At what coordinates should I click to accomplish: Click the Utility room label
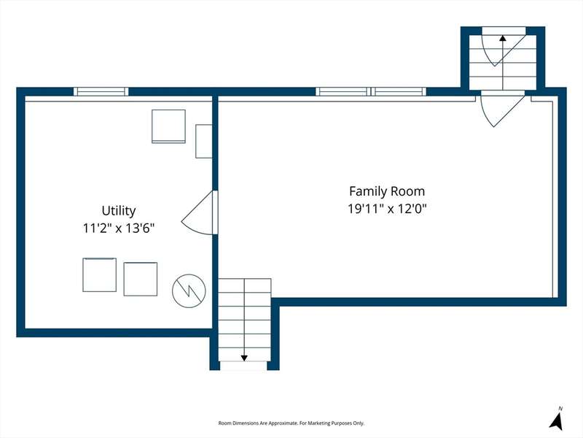tap(119, 211)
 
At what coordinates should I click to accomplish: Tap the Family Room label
tap(387, 191)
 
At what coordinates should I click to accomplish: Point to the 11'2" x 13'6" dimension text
tap(119, 228)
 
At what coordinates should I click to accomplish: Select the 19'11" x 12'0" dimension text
tap(387, 209)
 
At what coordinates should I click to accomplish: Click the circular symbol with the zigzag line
tap(189, 291)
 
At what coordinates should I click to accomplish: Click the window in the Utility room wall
tap(101, 92)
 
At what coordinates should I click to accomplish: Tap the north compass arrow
tap(557, 423)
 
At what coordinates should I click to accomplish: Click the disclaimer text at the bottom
tap(291, 423)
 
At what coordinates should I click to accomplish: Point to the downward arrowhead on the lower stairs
tap(244, 358)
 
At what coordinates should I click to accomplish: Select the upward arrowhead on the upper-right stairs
tap(503, 38)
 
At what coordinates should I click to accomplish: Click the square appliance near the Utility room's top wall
tap(168, 126)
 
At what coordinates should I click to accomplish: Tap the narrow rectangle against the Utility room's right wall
tap(204, 141)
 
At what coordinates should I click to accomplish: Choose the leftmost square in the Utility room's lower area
tap(99, 275)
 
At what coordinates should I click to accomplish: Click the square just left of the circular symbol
tap(140, 280)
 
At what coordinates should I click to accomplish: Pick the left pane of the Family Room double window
tap(343, 92)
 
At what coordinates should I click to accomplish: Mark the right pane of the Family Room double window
tap(399, 92)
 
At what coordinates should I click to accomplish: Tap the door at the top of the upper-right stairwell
tap(504, 47)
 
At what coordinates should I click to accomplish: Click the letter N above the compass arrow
tap(560, 409)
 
